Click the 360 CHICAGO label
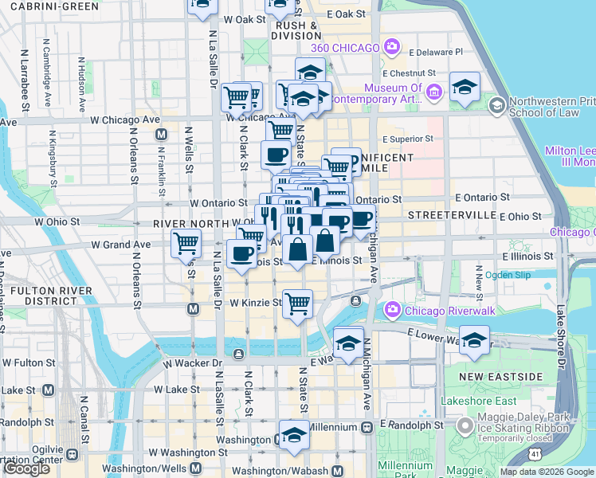[344, 48]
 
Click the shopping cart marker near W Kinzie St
[297, 304]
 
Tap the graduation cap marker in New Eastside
[475, 339]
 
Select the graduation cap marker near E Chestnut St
[465, 85]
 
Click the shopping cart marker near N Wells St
[186, 242]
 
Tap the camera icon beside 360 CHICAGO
[392, 47]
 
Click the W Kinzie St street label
[255, 303]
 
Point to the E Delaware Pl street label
[435, 52]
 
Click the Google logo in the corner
[26, 468]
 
